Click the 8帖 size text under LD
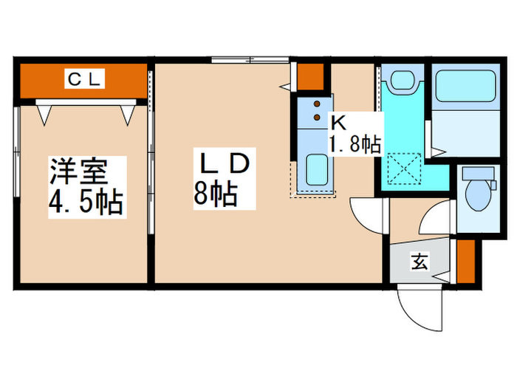tap(216, 194)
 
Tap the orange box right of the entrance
tap(465, 262)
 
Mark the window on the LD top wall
tap(249, 60)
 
